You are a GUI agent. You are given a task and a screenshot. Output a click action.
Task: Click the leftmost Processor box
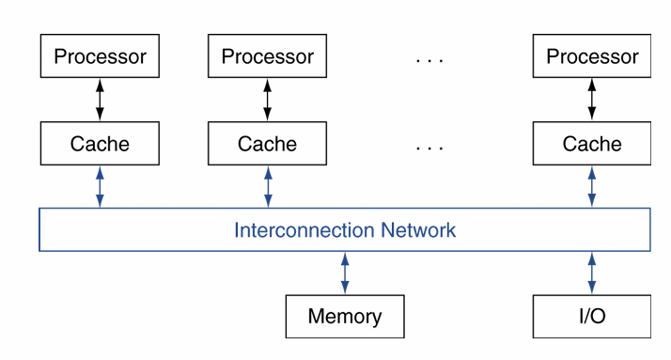point(100,56)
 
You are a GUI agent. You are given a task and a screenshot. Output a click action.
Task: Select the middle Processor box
point(267,56)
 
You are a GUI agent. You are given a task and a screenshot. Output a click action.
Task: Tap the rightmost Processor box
point(592,56)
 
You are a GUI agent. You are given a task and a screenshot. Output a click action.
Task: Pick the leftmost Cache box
point(100,144)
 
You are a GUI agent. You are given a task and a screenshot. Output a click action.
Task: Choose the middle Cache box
point(267,144)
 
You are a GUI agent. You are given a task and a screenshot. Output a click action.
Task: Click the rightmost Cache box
point(592,144)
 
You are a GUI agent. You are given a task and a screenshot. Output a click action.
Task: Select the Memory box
point(345,316)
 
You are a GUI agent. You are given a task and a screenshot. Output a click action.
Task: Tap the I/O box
point(592,316)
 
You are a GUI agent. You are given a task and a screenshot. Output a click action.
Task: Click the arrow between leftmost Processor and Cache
point(100,100)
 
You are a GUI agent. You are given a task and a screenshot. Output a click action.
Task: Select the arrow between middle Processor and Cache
point(267,100)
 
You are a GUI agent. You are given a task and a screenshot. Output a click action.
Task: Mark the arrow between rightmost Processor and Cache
point(592,100)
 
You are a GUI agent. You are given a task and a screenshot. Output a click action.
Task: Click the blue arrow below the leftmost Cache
point(100,186)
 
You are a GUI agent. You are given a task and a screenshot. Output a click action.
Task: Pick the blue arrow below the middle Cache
point(267,186)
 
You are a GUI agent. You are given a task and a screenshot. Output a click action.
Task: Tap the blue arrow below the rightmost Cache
point(592,186)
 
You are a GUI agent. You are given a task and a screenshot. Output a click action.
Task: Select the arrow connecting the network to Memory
point(345,273)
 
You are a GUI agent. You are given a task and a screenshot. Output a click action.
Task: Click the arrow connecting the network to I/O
point(592,273)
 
